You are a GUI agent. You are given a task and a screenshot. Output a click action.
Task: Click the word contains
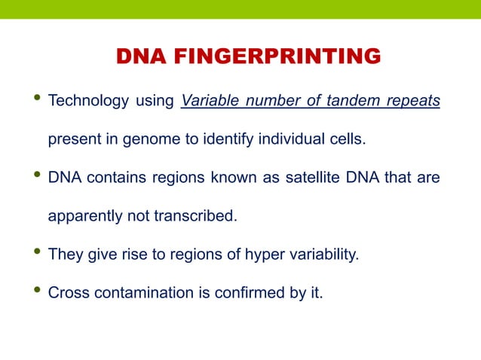112,178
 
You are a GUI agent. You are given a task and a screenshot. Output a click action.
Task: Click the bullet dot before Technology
30,101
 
